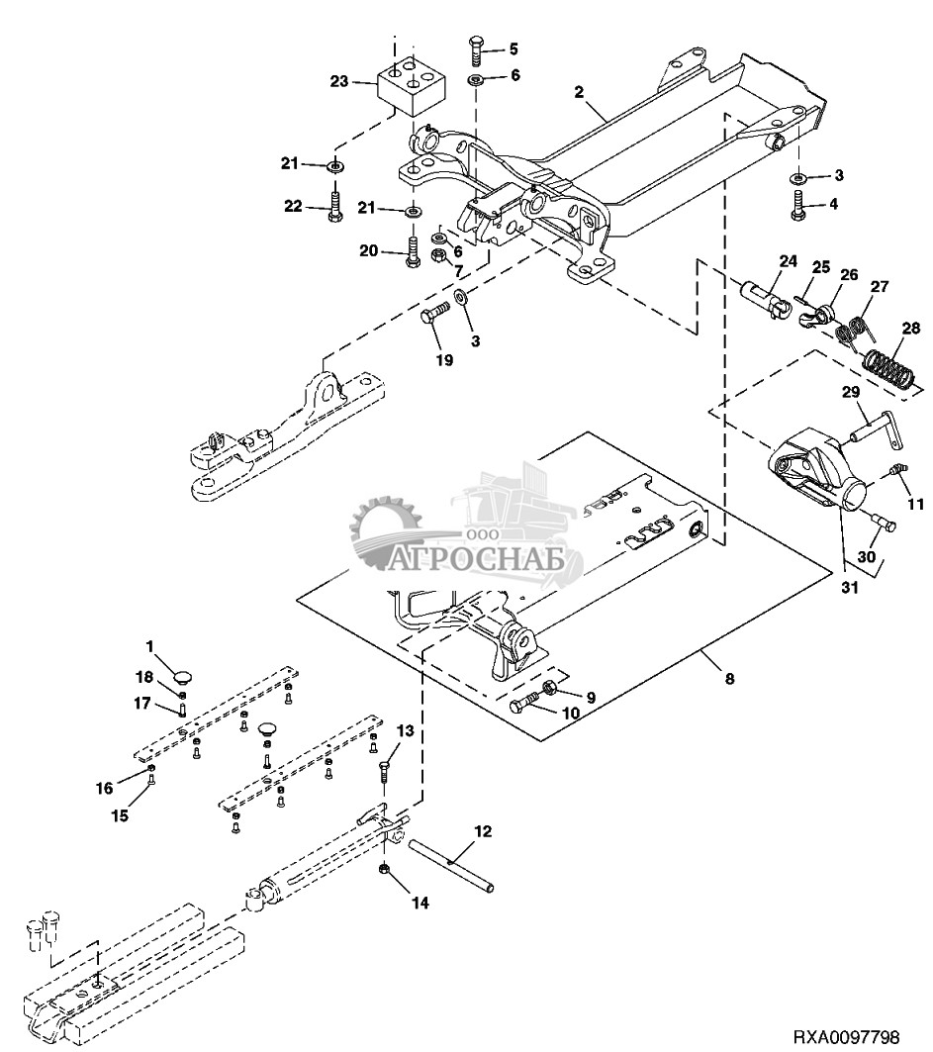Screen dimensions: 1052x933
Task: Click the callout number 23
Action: click(x=338, y=83)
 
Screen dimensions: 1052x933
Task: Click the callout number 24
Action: click(x=788, y=262)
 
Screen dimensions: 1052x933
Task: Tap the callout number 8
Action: click(x=729, y=679)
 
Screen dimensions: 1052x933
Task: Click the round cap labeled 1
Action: click(x=184, y=675)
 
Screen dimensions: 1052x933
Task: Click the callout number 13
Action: click(x=405, y=729)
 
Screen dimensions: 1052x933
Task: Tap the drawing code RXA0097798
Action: click(x=845, y=1036)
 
